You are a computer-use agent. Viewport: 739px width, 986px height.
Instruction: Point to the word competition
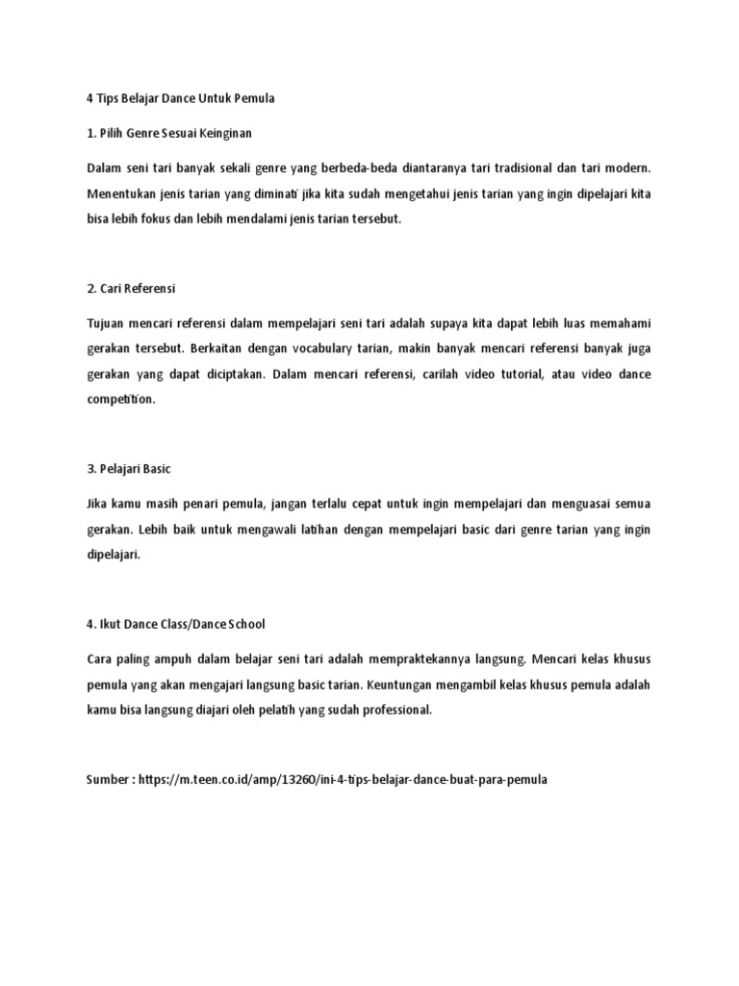pyautogui.click(x=120, y=400)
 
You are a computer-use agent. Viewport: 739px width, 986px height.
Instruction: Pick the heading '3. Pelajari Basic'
pyautogui.click(x=128, y=468)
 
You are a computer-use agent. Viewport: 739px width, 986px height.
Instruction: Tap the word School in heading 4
pyautogui.click(x=241, y=624)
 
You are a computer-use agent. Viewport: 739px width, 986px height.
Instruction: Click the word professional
pyautogui.click(x=392, y=711)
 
